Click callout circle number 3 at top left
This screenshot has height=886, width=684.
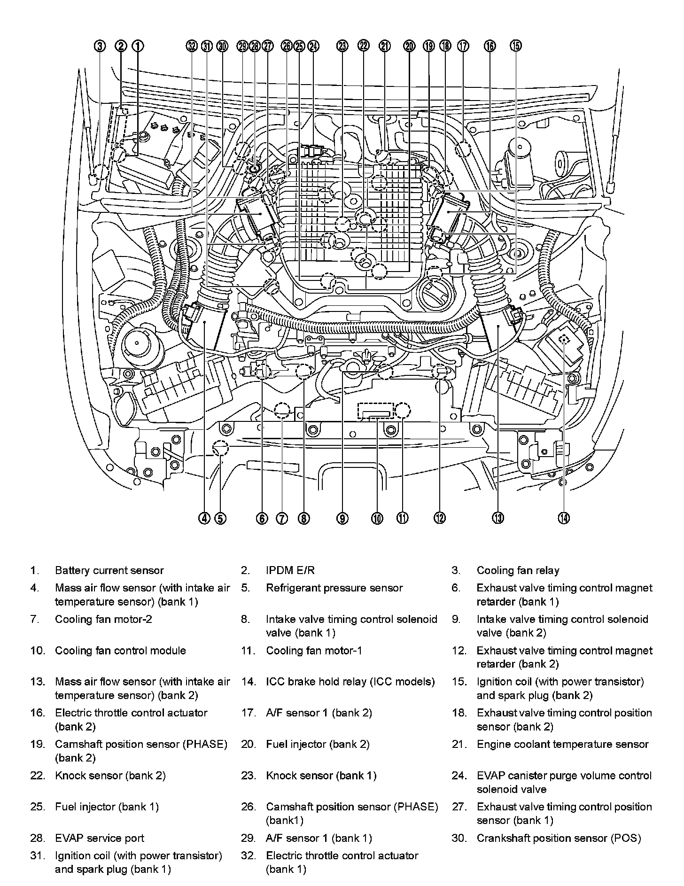point(100,46)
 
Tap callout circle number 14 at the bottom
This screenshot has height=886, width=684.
point(564,518)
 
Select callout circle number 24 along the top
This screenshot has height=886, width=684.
point(313,46)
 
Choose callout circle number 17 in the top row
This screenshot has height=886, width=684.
point(463,46)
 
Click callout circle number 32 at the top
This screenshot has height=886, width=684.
point(191,46)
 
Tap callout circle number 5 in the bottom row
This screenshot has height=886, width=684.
point(220,518)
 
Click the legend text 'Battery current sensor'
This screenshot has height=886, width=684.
point(109,570)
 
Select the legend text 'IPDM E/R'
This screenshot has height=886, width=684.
point(290,570)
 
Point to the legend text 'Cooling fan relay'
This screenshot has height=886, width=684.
point(518,570)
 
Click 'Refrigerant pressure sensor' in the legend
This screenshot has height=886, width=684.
point(334,588)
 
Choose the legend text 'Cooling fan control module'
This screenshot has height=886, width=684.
point(120,651)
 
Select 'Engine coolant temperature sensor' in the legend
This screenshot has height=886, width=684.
point(562,744)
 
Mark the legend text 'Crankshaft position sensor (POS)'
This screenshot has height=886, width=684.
point(559,838)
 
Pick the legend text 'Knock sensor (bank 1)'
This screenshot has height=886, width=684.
point(321,776)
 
